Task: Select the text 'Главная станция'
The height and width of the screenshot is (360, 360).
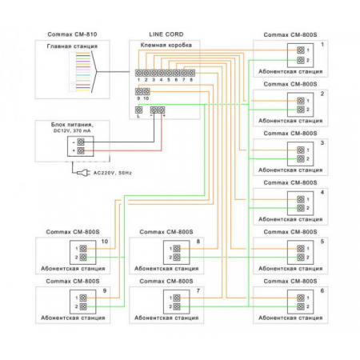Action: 72,46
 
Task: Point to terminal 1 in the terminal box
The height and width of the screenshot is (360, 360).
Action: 138,73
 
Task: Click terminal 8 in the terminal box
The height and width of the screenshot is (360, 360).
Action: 192,73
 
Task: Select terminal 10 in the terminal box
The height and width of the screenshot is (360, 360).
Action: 146,92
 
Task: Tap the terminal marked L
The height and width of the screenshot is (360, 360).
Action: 138,110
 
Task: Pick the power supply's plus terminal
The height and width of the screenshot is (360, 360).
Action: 81,150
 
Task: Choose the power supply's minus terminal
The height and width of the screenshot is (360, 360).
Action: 81,141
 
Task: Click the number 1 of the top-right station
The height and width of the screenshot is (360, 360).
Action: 322,44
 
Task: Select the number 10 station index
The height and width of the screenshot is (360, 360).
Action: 104,241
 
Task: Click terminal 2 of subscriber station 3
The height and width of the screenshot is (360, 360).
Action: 300,158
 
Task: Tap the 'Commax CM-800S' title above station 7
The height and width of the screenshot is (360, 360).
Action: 165,282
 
